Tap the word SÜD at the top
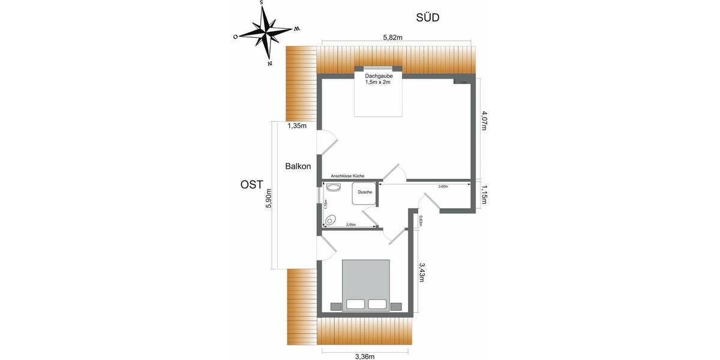pyautogui.click(x=428, y=17)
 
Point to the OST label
pyautogui.click(x=252, y=185)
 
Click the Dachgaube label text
pyautogui.click(x=378, y=76)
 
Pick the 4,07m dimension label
pyautogui.click(x=485, y=124)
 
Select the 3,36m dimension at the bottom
pyautogui.click(x=365, y=356)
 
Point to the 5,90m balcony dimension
pyautogui.click(x=269, y=198)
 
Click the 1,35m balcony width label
pyautogui.click(x=297, y=126)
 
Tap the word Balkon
pyautogui.click(x=298, y=166)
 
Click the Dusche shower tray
pyautogui.click(x=364, y=193)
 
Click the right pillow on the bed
pyautogui.click(x=377, y=304)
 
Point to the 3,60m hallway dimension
pyautogui.click(x=443, y=187)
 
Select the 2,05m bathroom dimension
pyautogui.click(x=351, y=225)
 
